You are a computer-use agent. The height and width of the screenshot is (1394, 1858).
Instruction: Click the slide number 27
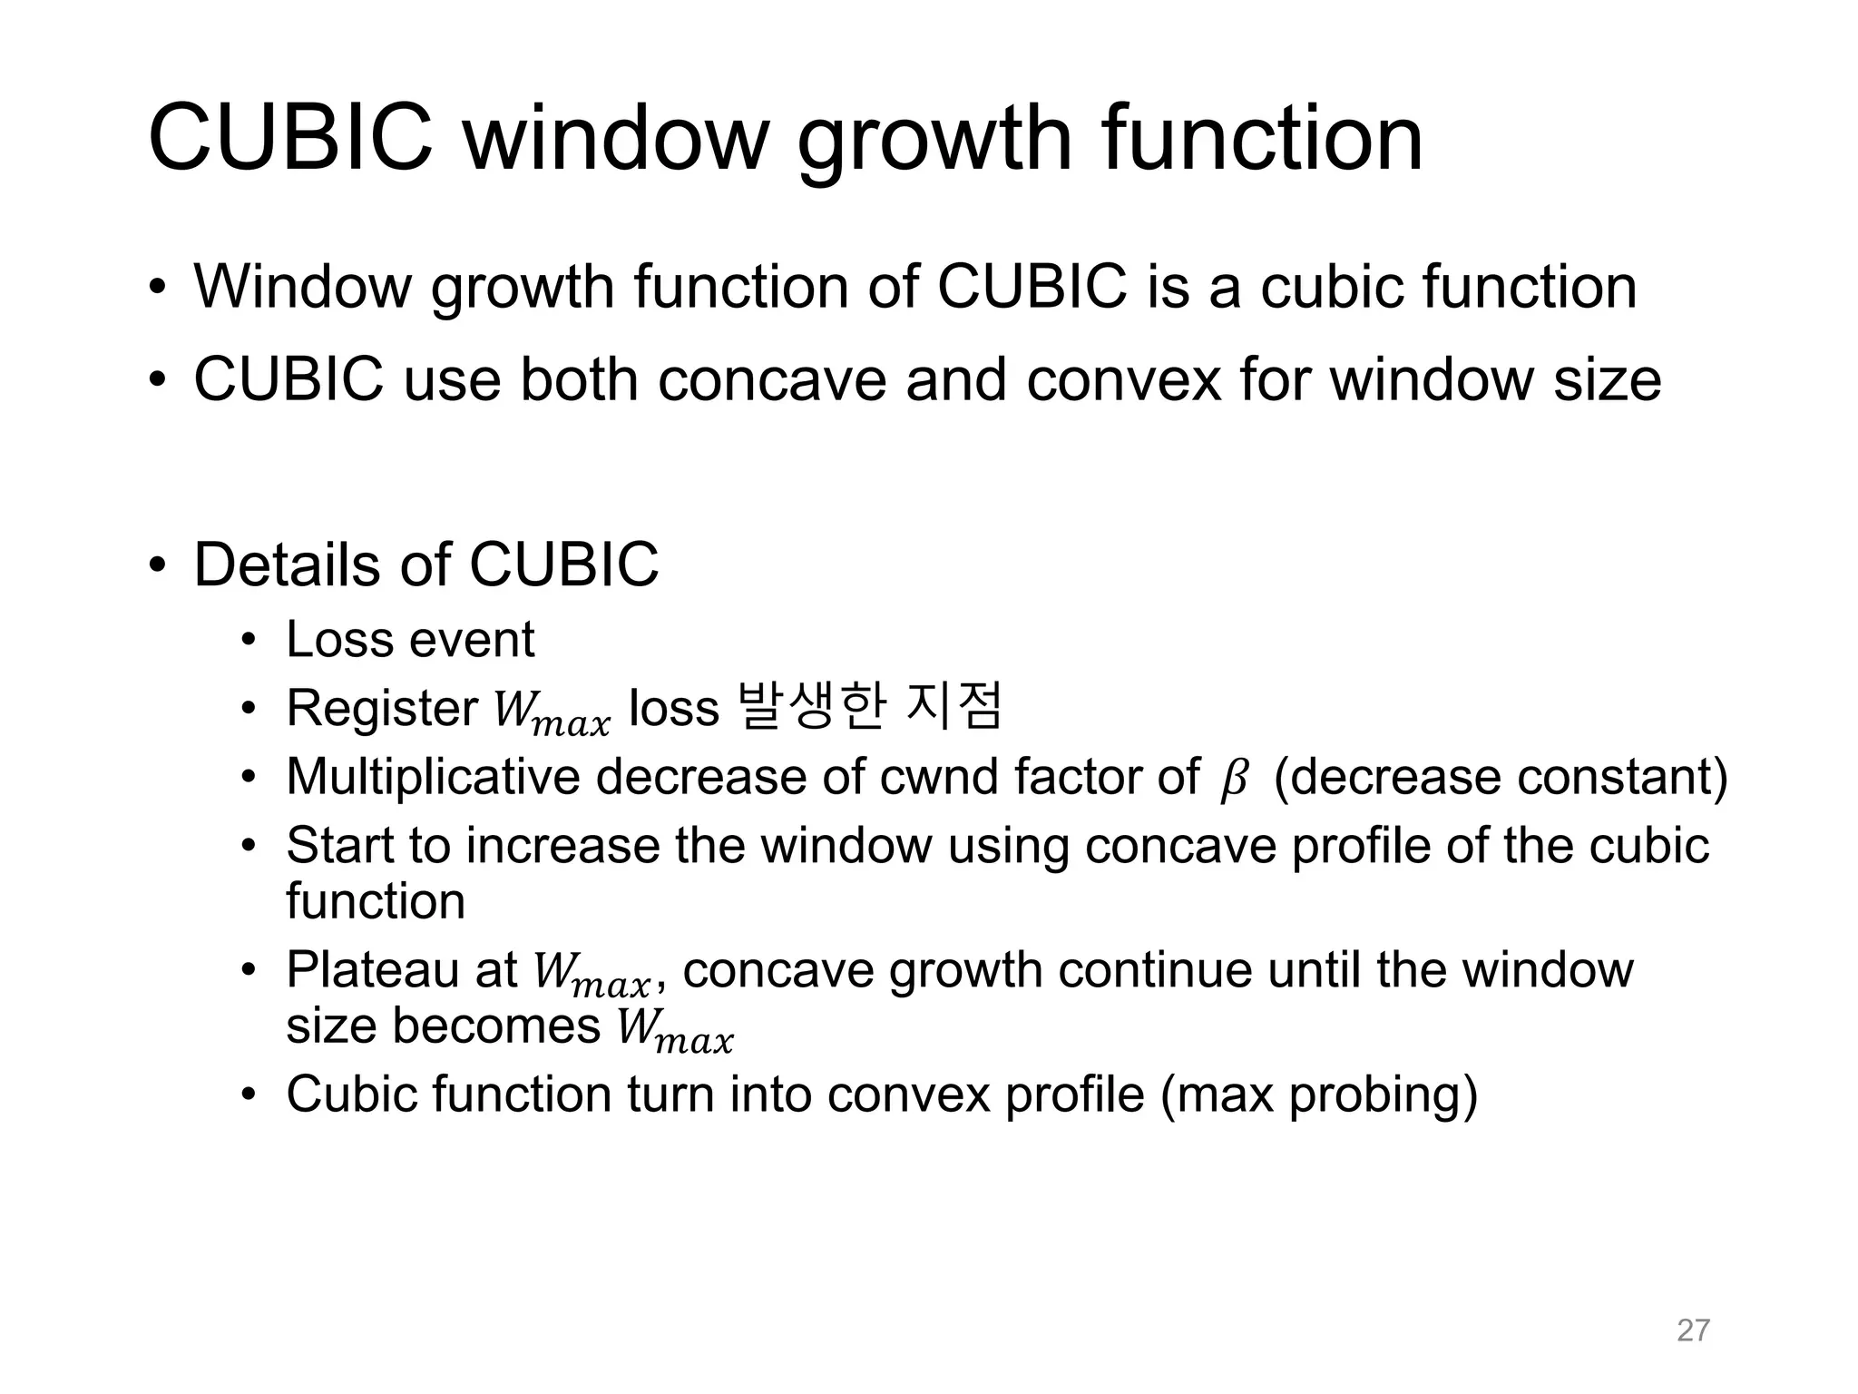pyautogui.click(x=1693, y=1330)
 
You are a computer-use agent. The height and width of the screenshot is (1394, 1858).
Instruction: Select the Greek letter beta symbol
pyautogui.click(x=1234, y=780)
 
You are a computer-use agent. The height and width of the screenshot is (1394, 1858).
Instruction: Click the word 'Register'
pyautogui.click(x=382, y=708)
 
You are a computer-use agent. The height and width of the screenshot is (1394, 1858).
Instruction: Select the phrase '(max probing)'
pyautogui.click(x=1319, y=1095)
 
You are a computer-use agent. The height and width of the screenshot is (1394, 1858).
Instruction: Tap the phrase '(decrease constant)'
pyautogui.click(x=1501, y=777)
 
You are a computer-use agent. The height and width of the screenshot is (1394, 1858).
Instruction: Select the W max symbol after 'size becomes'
pyautogui.click(x=674, y=1032)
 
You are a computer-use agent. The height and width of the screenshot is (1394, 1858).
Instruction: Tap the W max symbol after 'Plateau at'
pyautogui.click(x=592, y=975)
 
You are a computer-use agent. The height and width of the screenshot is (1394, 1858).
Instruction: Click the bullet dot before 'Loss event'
pyautogui.click(x=249, y=641)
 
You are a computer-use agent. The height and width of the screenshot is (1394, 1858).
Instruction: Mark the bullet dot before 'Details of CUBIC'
pyautogui.click(x=158, y=565)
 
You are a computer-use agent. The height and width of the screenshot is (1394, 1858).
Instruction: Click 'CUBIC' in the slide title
pyautogui.click(x=290, y=141)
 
